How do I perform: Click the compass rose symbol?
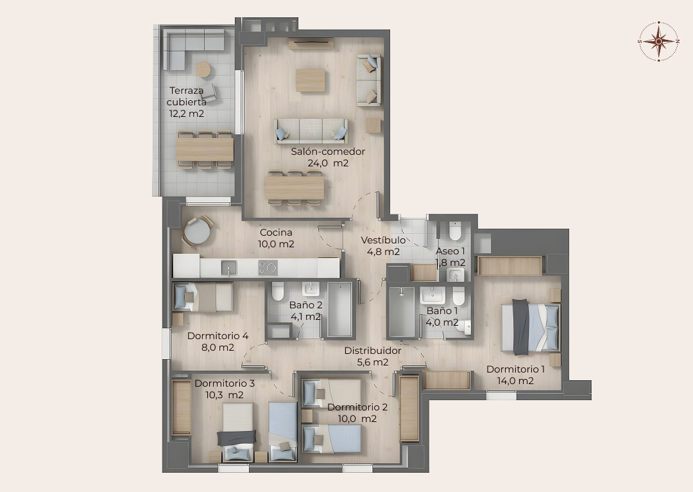pyautogui.click(x=658, y=41)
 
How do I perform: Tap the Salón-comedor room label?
pyautogui.click(x=328, y=152)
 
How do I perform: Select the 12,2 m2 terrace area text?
pyautogui.click(x=187, y=114)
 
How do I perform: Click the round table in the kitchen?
pyautogui.click(x=197, y=231)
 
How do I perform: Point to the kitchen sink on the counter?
pyautogui.click(x=229, y=268)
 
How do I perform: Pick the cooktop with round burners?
pyautogui.click(x=268, y=268)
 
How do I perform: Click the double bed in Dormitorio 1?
pyautogui.click(x=531, y=327)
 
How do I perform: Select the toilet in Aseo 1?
pyautogui.click(x=455, y=230)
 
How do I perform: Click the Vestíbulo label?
pyautogui.click(x=383, y=240)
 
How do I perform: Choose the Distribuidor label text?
pyautogui.click(x=373, y=351)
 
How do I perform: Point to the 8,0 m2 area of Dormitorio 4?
pyautogui.click(x=218, y=347)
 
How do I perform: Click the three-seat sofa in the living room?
pyautogui.click(x=311, y=131)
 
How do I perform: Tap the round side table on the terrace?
pyautogui.click(x=203, y=69)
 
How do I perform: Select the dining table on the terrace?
pyautogui.click(x=205, y=150)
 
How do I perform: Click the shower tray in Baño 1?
pyautogui.click(x=402, y=312)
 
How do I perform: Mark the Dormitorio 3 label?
pyautogui.click(x=225, y=383)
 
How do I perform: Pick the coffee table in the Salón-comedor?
pyautogui.click(x=311, y=80)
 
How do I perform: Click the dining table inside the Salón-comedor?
pyautogui.click(x=295, y=188)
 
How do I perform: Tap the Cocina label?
pyautogui.click(x=276, y=233)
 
